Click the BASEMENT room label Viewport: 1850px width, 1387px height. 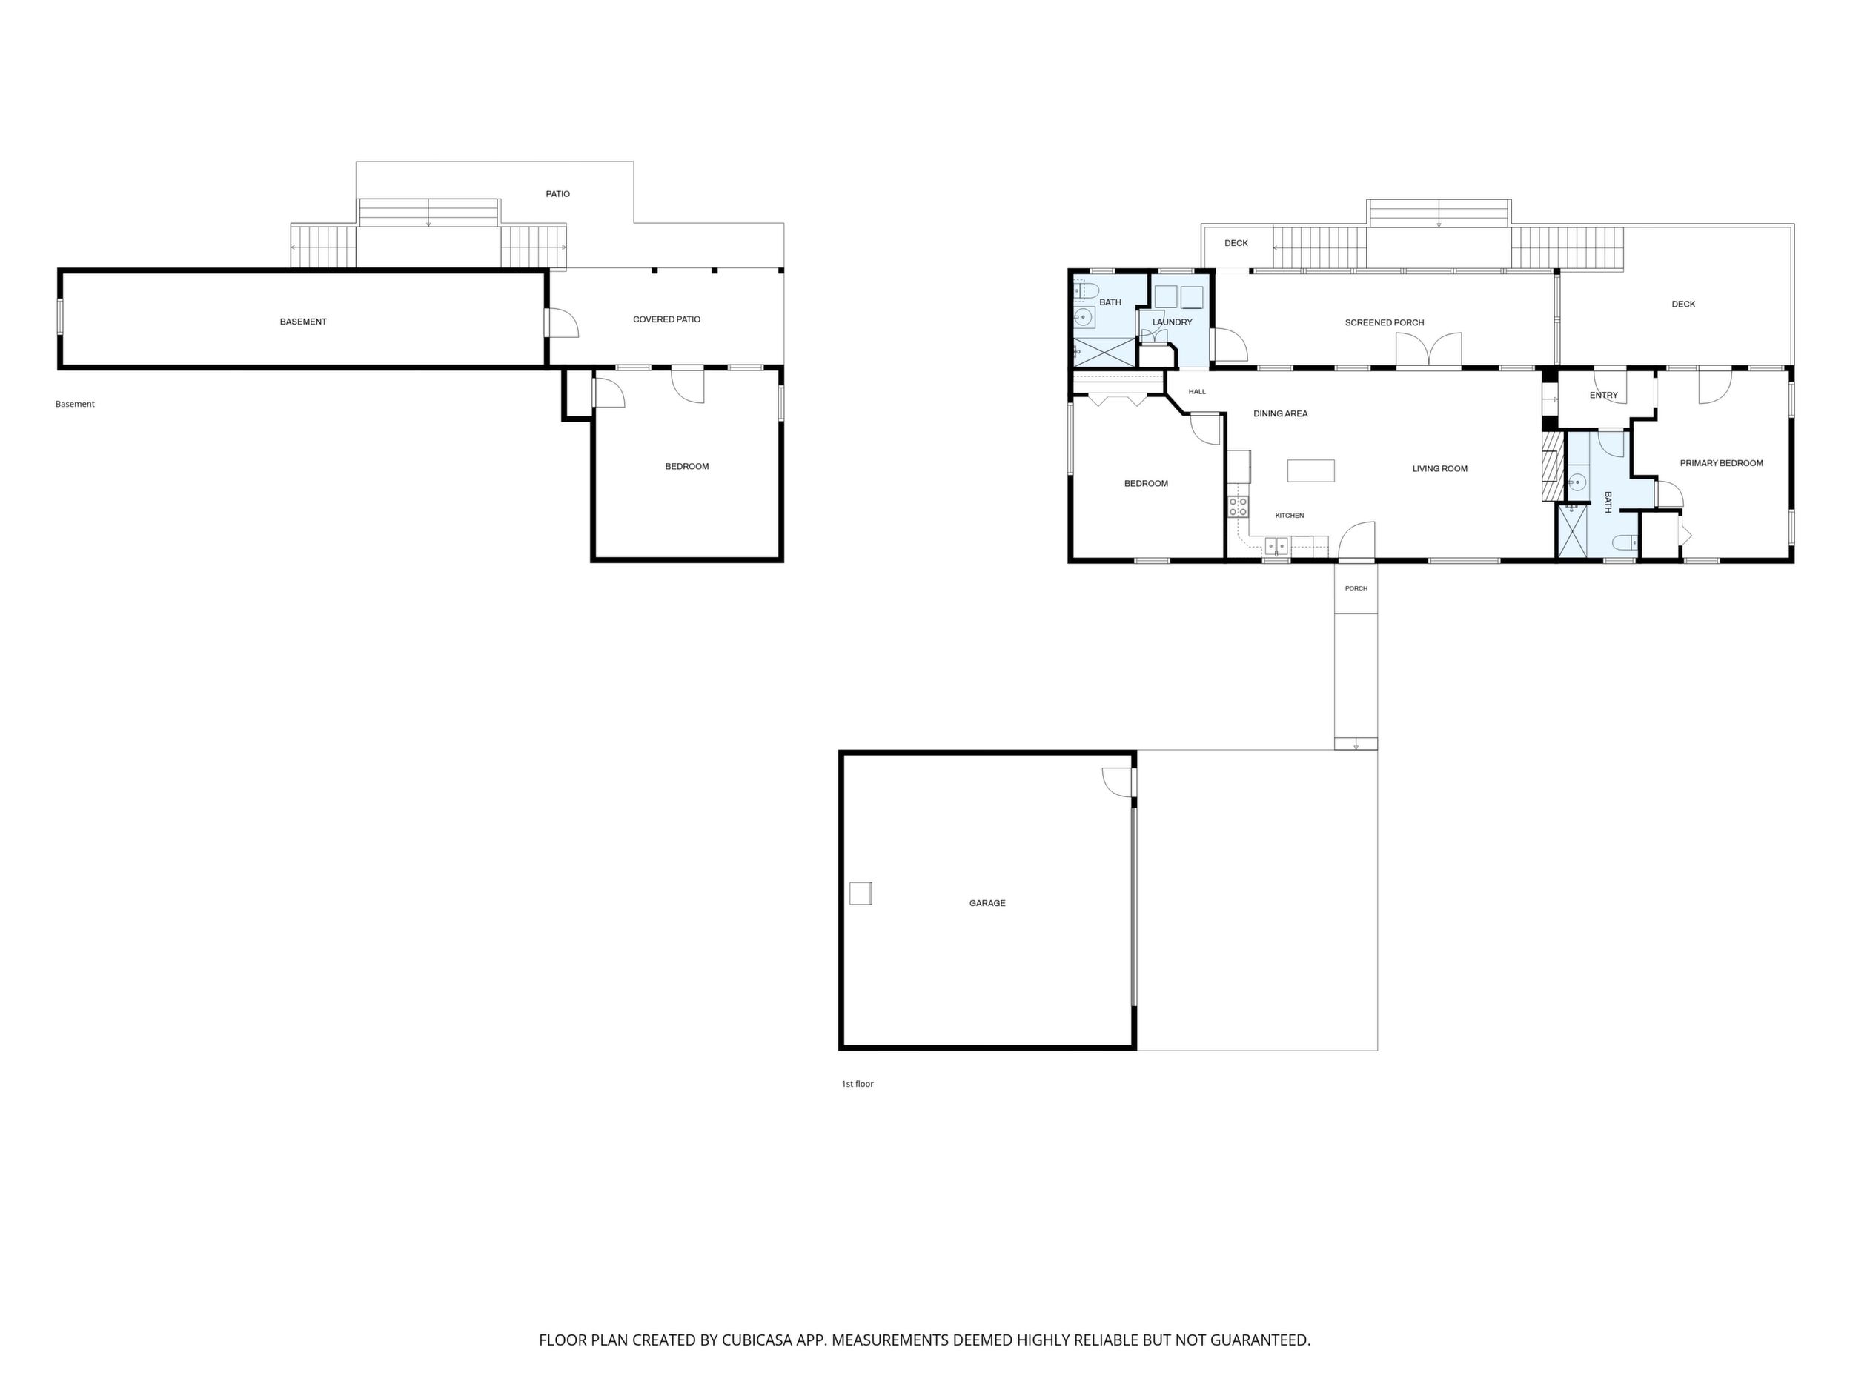(302, 322)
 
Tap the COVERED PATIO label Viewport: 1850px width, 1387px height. (666, 319)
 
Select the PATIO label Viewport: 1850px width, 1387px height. (558, 194)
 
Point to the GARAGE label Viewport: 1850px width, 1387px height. (987, 903)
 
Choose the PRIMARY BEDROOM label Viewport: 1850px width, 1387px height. (1721, 463)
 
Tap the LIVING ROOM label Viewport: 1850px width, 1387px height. (1440, 469)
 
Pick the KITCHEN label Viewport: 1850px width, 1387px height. (1290, 516)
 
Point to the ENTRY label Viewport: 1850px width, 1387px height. (1603, 396)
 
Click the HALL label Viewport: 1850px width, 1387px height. (1197, 391)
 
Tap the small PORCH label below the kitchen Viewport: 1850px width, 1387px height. (1356, 588)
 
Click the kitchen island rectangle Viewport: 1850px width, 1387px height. (1310, 470)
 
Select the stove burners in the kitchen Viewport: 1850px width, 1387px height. (1238, 507)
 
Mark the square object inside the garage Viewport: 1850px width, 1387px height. (861, 893)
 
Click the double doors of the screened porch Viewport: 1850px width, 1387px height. (1428, 350)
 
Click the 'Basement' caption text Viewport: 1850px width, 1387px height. (76, 404)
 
